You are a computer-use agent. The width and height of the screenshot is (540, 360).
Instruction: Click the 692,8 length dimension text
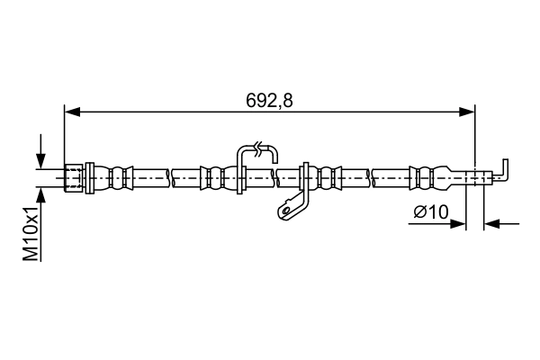pos(270,101)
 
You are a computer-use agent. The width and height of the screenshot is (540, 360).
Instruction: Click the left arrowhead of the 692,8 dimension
pos(72,112)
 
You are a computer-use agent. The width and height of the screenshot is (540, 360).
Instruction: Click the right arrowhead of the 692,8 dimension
pos(467,112)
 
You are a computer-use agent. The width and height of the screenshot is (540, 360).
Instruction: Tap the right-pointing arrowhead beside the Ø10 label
pos(459,223)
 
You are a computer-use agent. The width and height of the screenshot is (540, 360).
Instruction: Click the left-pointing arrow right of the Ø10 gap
pos(493,223)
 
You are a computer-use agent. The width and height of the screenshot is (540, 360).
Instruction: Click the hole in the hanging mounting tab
pos(286,211)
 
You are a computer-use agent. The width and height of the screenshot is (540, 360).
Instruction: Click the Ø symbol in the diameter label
pos(419,212)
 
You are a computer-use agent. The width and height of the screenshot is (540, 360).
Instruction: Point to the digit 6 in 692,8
pos(252,101)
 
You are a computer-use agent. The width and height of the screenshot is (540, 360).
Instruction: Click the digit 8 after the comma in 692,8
pos(288,101)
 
